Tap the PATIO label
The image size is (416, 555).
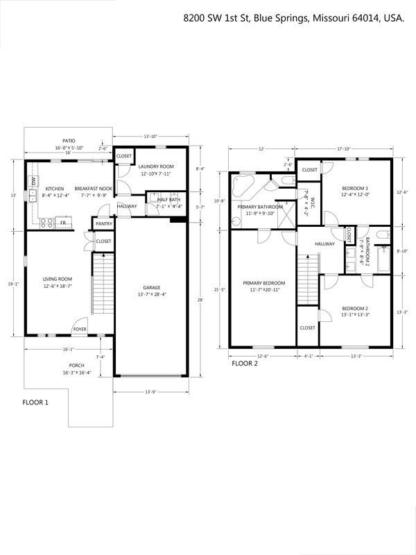coord(67,141)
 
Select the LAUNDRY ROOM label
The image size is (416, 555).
coord(155,166)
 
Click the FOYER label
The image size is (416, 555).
coord(80,329)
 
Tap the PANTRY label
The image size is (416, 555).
coord(104,223)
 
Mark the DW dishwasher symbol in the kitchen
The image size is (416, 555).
coord(33,181)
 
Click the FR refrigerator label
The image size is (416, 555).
coord(62,223)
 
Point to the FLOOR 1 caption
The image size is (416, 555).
coord(35,402)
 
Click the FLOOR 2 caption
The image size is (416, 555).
coord(243,362)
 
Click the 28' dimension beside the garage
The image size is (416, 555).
coord(201,300)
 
